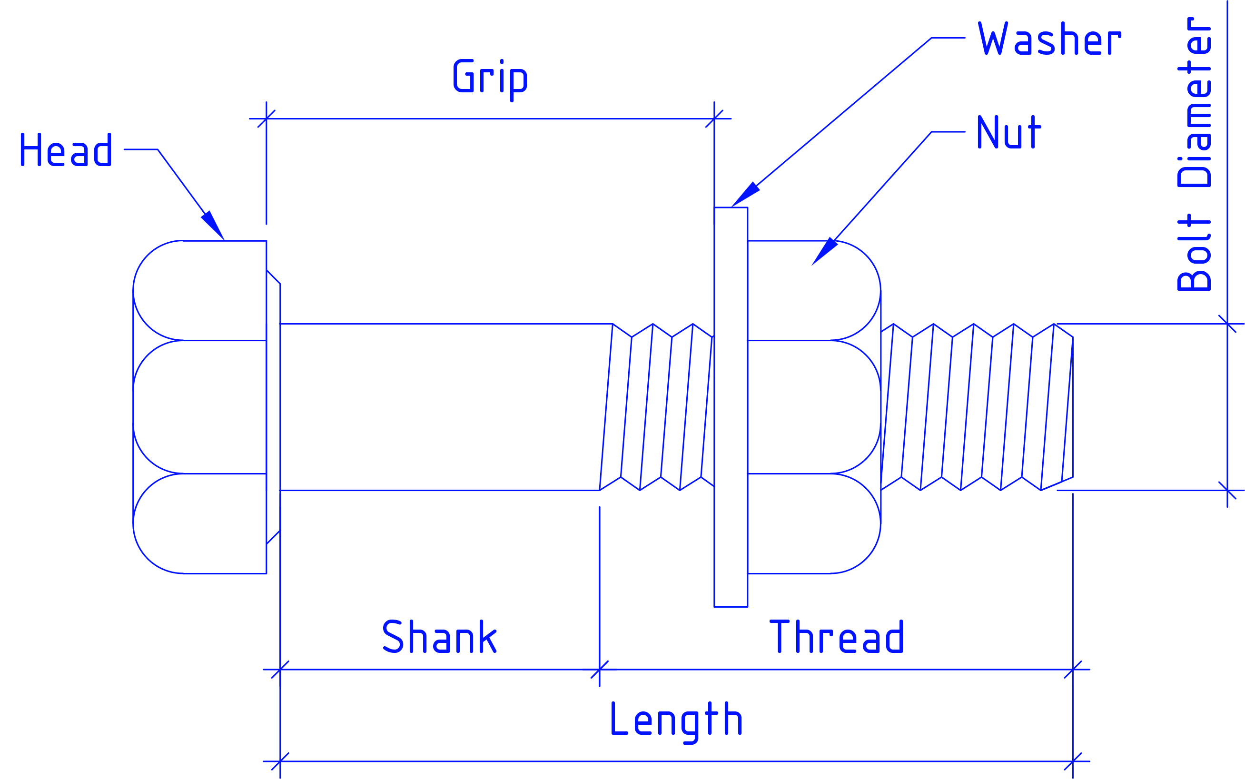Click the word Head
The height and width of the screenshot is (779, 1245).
coord(66,149)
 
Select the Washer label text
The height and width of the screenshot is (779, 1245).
coord(1049,38)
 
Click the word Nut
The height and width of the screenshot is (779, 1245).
coord(1008,132)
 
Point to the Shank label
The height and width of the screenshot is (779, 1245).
coord(439,636)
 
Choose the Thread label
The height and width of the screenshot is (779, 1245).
coord(836,636)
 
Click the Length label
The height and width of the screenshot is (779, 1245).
coord(676,721)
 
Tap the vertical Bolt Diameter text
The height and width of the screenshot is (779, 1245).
coord(1194,154)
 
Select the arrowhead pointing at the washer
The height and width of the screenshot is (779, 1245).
coord(745,194)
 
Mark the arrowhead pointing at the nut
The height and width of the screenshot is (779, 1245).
coord(824,251)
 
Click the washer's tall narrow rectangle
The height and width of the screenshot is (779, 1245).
coord(731,407)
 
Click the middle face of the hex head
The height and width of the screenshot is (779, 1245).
coord(200,407)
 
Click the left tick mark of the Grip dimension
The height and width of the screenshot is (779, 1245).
coord(267,118)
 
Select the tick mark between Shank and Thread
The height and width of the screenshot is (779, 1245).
coord(600,670)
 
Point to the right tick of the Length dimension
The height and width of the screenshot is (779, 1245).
coord(1073,761)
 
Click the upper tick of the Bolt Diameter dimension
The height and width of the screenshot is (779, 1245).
coord(1227,324)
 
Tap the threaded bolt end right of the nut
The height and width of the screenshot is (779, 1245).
coord(977,407)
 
